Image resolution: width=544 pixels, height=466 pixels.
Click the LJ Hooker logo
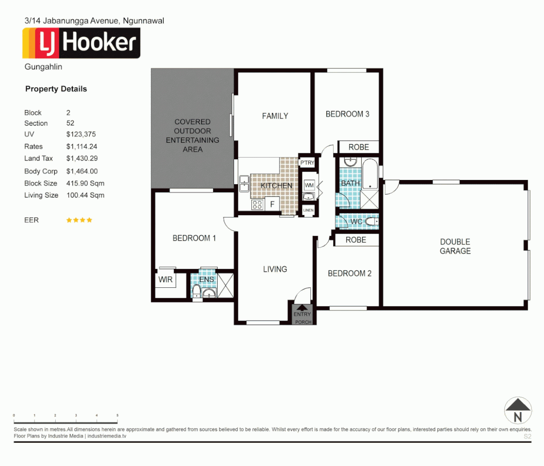[81, 43]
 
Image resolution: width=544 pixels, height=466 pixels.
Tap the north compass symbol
[518, 410]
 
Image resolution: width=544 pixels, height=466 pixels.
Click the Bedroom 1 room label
[194, 238]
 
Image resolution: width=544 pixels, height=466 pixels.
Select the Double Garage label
[455, 246]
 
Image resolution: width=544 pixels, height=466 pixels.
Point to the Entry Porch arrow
[302, 308]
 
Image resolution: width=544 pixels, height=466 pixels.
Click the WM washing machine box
[309, 186]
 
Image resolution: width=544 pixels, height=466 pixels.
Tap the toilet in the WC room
[371, 222]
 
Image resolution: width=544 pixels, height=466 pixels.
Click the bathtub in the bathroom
[370, 174]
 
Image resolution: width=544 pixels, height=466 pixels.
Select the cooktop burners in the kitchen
[257, 205]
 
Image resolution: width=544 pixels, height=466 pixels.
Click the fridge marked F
[272, 205]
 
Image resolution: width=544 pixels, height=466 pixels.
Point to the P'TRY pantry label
[307, 163]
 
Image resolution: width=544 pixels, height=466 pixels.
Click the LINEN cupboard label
[308, 210]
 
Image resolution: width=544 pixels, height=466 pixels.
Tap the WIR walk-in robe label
[165, 280]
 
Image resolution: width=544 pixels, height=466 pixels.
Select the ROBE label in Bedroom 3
[358, 147]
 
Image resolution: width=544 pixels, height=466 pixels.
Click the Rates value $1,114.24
[82, 147]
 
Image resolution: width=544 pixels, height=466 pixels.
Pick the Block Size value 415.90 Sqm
[85, 183]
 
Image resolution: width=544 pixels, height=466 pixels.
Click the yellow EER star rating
[79, 220]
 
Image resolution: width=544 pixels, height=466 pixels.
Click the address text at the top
[94, 21]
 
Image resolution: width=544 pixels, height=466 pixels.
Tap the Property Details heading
[56, 89]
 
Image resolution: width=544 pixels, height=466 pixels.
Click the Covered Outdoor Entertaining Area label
[193, 135]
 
